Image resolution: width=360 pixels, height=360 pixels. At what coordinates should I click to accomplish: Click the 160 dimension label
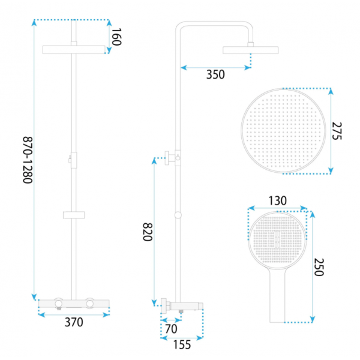pyautogui.click(x=116, y=37)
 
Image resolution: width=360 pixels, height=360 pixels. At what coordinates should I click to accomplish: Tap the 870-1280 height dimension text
pyautogui.click(x=28, y=160)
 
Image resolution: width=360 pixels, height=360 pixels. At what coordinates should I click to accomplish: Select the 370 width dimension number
pyautogui.click(x=74, y=322)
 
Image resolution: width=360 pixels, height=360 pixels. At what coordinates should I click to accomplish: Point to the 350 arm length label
pyautogui.click(x=215, y=74)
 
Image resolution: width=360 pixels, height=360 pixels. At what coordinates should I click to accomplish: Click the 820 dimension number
pyautogui.click(x=148, y=232)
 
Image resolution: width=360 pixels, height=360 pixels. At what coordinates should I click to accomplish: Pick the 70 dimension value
pyautogui.click(x=171, y=329)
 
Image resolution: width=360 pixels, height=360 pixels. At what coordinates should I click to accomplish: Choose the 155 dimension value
pyautogui.click(x=182, y=344)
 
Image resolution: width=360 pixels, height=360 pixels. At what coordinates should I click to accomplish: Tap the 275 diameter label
pyautogui.click(x=337, y=131)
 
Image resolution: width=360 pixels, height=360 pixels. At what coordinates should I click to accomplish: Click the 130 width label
pyautogui.click(x=278, y=200)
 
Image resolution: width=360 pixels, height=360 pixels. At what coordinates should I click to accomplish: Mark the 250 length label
pyautogui.click(x=319, y=267)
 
